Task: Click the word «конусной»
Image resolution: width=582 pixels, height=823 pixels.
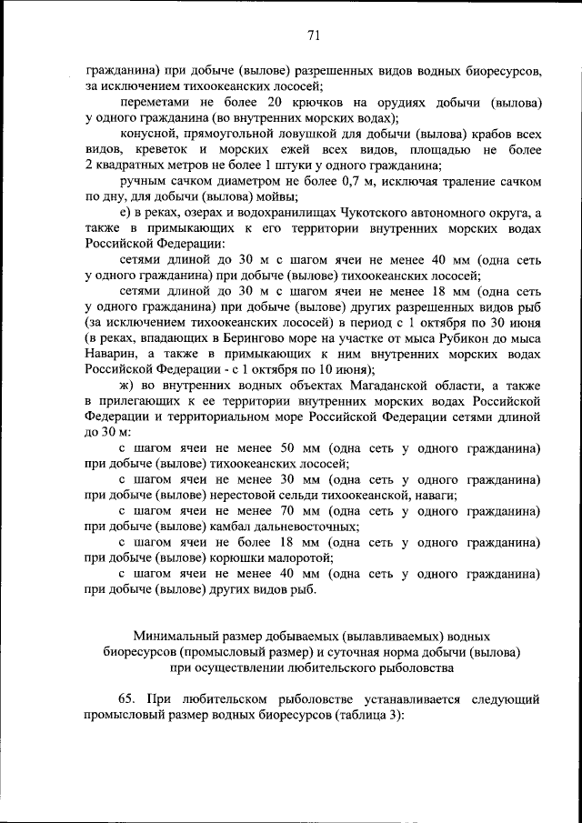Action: click(x=146, y=134)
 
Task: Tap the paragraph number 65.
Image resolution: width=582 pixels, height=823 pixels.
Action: click(x=127, y=699)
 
